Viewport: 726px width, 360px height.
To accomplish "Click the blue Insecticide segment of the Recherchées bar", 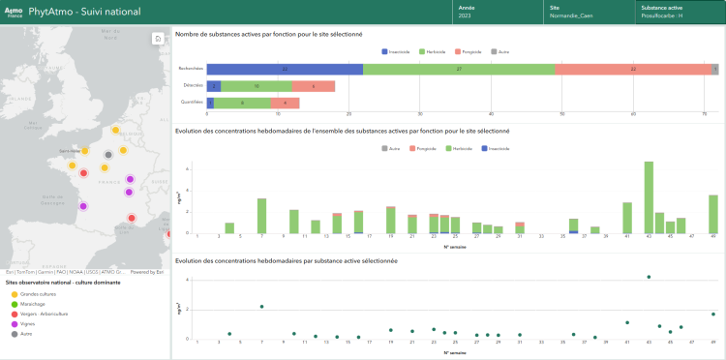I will [285, 69].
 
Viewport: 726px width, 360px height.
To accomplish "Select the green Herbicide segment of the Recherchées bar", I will [459, 69].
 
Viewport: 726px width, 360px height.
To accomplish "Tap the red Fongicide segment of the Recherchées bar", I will [633, 69].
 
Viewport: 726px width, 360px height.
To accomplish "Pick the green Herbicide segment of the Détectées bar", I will [256, 86].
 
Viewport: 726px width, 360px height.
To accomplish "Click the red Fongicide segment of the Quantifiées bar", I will [285, 103].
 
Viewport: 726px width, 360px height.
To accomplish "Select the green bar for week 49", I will [713, 214].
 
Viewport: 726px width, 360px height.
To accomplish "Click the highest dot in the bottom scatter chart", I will [649, 277].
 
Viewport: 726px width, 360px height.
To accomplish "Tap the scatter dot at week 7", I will [261, 307].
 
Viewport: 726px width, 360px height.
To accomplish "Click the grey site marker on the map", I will [108, 155].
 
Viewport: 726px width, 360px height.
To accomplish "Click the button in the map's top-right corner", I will [157, 39].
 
